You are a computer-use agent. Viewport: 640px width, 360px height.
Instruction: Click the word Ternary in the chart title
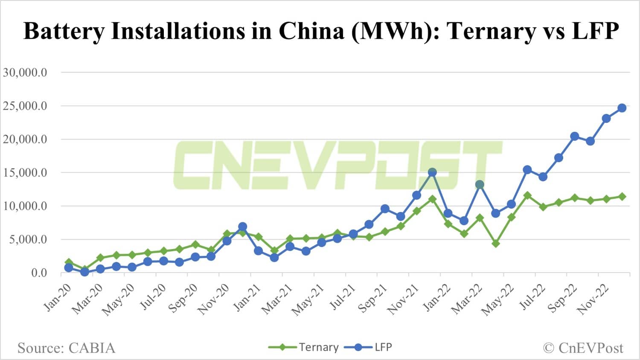pyautogui.click(x=492, y=31)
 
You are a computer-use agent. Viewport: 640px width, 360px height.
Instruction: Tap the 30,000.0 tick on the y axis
pyautogui.click(x=25, y=73)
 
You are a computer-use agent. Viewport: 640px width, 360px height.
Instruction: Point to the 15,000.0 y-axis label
pyautogui.click(x=25, y=173)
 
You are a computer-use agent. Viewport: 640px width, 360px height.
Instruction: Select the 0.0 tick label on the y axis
pyautogui.click(x=39, y=273)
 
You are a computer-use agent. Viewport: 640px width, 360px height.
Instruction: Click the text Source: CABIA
pyautogui.click(x=66, y=348)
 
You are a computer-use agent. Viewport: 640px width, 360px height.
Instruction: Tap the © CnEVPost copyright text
pyautogui.click(x=583, y=348)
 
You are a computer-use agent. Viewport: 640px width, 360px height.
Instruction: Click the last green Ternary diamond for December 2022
pyautogui.click(x=622, y=197)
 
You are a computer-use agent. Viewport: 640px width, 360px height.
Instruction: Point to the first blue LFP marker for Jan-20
pyautogui.click(x=69, y=268)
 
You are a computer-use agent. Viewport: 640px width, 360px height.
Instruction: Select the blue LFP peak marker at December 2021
pyautogui.click(x=432, y=172)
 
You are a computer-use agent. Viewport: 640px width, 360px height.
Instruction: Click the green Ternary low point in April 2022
pyautogui.click(x=496, y=244)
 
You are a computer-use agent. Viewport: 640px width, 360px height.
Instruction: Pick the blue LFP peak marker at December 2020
pyautogui.click(x=242, y=226)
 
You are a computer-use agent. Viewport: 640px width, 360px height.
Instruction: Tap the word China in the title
pyautogui.click(x=311, y=31)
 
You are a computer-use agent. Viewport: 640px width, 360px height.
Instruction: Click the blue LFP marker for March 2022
pyautogui.click(x=480, y=185)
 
